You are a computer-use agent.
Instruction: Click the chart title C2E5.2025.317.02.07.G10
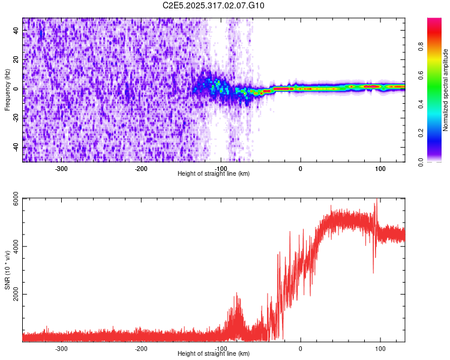214,5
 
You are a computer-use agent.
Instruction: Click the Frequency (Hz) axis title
8,90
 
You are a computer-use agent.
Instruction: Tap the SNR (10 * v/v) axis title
8,269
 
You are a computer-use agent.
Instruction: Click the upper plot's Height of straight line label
214,173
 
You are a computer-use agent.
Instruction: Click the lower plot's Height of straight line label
214,353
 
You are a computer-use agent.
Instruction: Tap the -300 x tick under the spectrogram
61,169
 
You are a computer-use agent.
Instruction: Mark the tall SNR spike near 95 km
377,200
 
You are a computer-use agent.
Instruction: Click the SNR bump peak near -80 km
238,293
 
